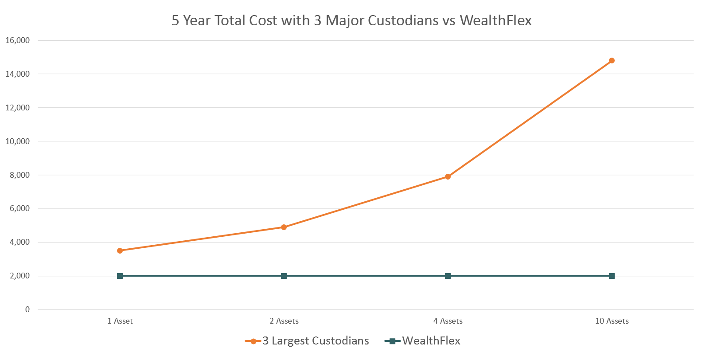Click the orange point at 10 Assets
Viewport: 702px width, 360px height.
(x=612, y=61)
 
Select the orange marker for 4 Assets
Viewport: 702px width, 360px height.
(x=448, y=177)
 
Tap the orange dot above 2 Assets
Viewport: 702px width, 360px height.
(x=284, y=227)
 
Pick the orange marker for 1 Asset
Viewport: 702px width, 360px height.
(x=120, y=251)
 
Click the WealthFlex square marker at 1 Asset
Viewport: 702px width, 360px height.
(x=120, y=276)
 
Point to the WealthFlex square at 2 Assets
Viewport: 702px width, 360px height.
(x=284, y=276)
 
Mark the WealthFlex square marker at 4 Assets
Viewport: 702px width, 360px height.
(x=448, y=276)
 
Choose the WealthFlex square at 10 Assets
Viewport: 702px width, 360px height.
(x=612, y=276)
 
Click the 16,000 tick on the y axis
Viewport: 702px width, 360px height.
(x=18, y=40)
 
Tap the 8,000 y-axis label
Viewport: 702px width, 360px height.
(x=20, y=175)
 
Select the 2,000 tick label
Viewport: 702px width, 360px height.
(x=20, y=276)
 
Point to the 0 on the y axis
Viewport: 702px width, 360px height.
(x=27, y=309)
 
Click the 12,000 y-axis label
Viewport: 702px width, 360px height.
(x=18, y=108)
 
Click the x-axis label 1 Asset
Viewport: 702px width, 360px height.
(x=120, y=321)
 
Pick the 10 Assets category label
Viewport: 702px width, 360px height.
(x=612, y=321)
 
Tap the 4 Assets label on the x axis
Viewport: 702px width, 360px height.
(x=448, y=321)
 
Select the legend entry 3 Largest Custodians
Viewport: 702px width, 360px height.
(x=316, y=341)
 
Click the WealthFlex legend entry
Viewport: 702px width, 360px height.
(x=431, y=341)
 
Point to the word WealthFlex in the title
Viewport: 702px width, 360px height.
(x=495, y=21)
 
